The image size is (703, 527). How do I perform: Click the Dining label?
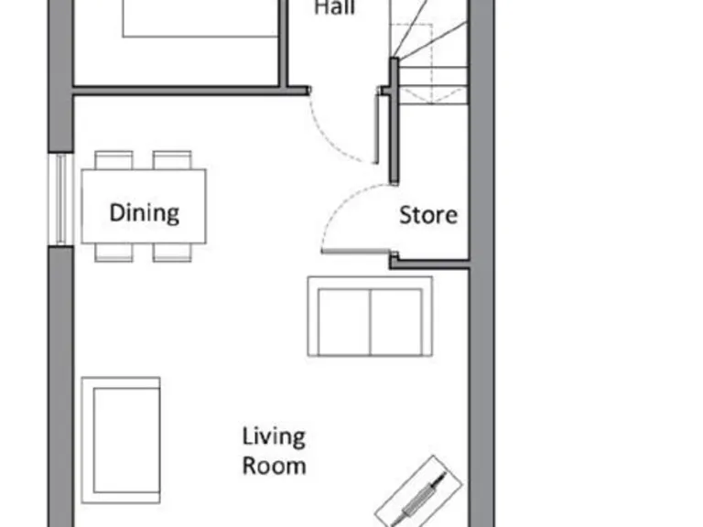tap(144, 213)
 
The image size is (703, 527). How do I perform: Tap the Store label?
tap(427, 215)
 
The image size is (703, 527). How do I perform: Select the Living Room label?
tap(273, 450)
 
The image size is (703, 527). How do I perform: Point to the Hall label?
tap(334, 9)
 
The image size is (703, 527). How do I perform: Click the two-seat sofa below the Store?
tap(370, 317)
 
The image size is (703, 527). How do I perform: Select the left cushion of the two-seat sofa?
tap(344, 322)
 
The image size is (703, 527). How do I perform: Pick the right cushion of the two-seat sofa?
tap(395, 322)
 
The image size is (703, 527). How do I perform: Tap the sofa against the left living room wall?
tap(121, 439)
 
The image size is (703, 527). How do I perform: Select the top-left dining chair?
tap(114, 160)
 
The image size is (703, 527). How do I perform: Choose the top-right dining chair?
tap(172, 160)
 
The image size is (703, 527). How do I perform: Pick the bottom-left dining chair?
tap(114, 253)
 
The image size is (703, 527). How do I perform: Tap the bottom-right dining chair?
tap(172, 253)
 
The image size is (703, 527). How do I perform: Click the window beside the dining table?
tap(60, 199)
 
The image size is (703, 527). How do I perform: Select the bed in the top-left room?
tap(200, 18)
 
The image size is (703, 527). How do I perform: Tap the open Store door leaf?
tap(357, 250)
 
